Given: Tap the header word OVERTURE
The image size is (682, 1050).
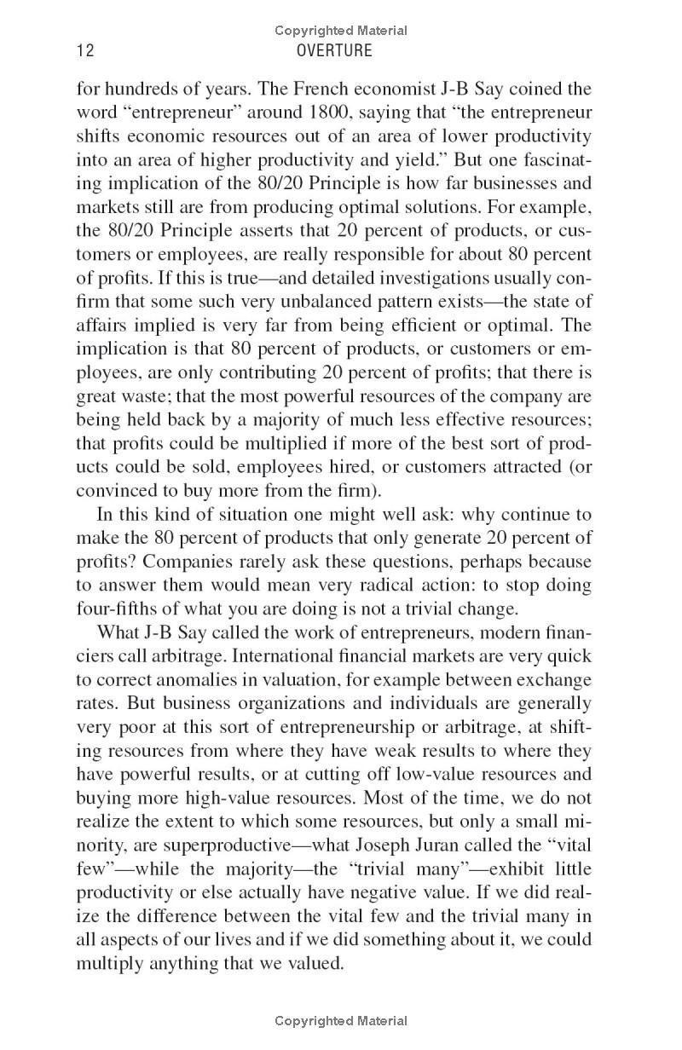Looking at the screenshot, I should (x=334, y=51).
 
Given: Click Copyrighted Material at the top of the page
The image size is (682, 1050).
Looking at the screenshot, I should (x=341, y=31).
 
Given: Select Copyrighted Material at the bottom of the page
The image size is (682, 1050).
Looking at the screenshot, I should (x=341, y=1020).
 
